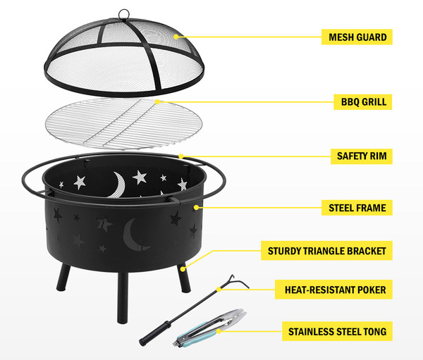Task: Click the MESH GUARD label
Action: click(357, 37)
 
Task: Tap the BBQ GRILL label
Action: click(363, 102)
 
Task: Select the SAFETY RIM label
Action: click(362, 156)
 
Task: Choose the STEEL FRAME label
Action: click(357, 208)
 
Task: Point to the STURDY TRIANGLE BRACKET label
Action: click(326, 251)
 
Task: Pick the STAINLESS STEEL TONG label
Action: click(337, 331)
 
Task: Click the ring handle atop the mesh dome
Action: click(124, 15)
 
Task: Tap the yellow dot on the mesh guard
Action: click(176, 37)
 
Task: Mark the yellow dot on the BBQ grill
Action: click(158, 101)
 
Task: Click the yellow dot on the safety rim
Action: click(181, 156)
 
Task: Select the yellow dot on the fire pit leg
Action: click(183, 269)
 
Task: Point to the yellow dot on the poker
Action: click(219, 290)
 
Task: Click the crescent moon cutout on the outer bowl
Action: click(133, 235)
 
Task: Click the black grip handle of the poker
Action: click(155, 333)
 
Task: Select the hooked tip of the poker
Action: click(240, 282)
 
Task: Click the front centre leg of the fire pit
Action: click(123, 297)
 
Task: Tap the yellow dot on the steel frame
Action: click(197, 207)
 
